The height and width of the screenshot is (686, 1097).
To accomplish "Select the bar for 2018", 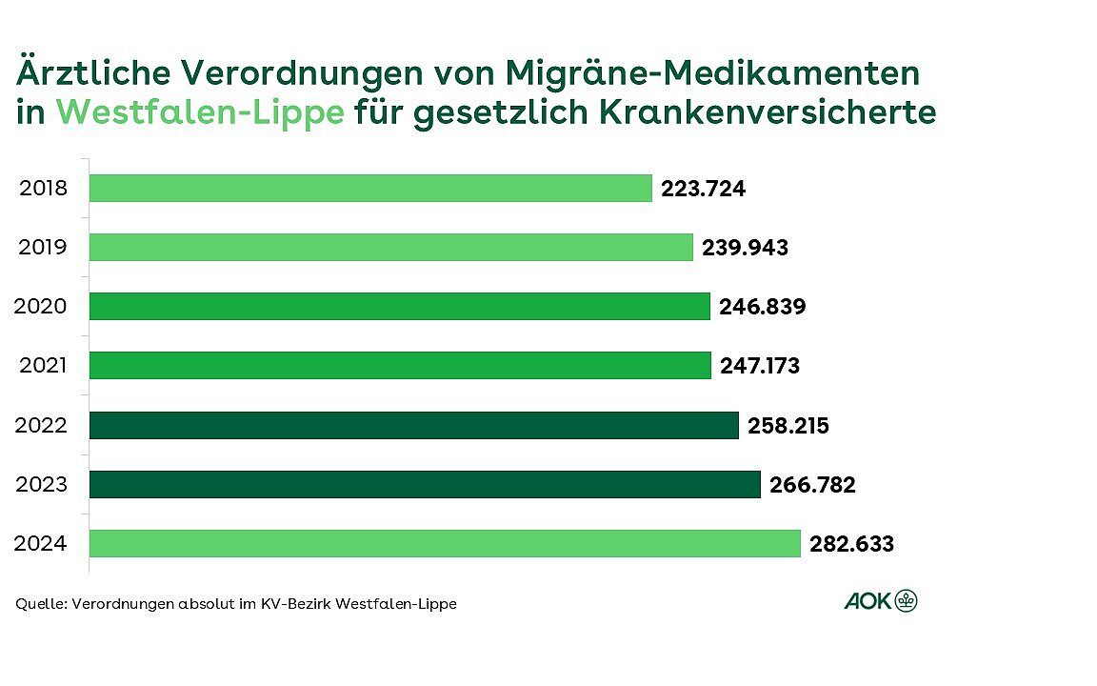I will (370, 188).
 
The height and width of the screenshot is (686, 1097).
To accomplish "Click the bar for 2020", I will (400, 306).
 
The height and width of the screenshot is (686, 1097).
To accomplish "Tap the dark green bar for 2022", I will (414, 425).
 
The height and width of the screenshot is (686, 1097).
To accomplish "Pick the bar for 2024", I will (445, 543).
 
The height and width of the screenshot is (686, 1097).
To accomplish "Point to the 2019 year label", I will (43, 248).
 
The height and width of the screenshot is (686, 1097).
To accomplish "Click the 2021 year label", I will (43, 366).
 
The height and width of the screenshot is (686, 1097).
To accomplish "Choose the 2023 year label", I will (43, 484).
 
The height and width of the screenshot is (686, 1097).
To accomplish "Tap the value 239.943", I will (746, 248).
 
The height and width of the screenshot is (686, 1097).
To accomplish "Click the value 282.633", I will (852, 544).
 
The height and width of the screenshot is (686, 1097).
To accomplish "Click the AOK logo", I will (881, 601).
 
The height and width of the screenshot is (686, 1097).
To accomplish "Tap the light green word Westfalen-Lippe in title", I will (200, 112).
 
